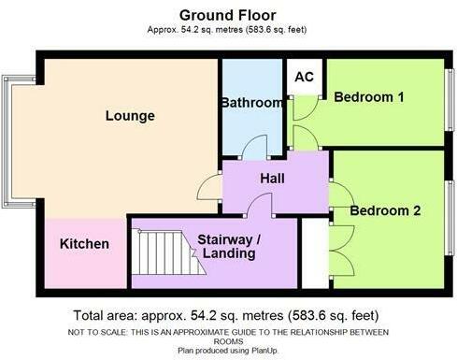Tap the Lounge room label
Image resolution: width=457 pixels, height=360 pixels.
[130, 116]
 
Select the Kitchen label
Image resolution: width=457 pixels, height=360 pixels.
[85, 244]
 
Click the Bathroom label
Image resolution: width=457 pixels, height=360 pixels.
[250, 102]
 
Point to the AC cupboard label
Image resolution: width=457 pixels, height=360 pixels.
[304, 79]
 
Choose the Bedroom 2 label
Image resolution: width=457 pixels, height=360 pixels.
[385, 211]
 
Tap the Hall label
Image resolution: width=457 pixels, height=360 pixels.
[273, 178]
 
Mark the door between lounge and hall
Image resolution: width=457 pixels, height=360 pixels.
[211, 188]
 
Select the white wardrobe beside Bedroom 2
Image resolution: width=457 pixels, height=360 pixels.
[317, 253]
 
